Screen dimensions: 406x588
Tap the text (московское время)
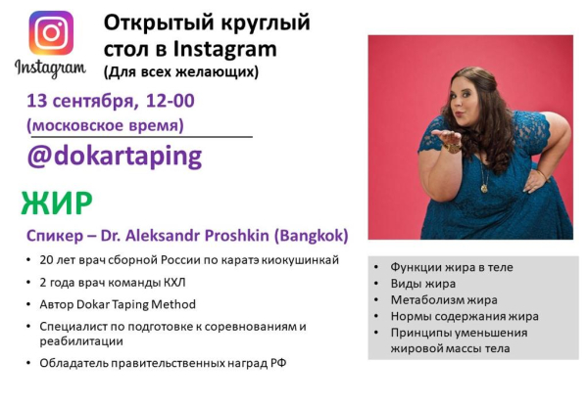click(105, 124)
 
